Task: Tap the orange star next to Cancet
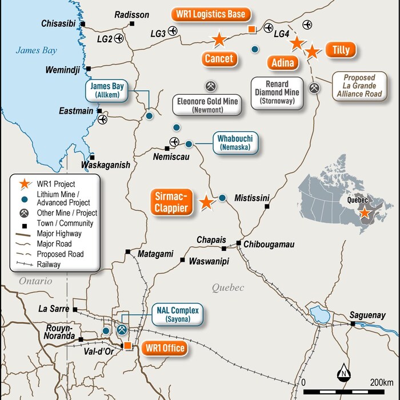click(x=218, y=39)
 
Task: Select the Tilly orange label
click(x=341, y=50)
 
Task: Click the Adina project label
click(x=282, y=62)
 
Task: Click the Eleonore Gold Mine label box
click(x=207, y=104)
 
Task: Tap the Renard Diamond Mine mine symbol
click(x=314, y=87)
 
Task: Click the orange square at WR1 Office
click(x=128, y=346)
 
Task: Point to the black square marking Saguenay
click(x=353, y=324)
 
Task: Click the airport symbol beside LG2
click(x=119, y=38)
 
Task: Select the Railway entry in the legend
click(x=47, y=265)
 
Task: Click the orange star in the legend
click(x=23, y=183)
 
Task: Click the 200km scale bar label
click(x=381, y=382)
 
